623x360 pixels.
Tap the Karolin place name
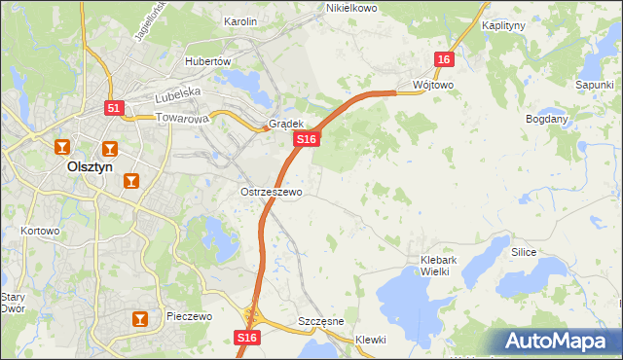point(240,20)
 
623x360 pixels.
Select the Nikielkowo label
point(350,8)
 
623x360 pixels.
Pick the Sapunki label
point(593,86)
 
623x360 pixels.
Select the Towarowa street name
point(183,119)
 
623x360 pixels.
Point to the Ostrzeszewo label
point(272,192)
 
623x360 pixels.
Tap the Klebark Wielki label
point(448,266)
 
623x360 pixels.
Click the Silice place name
point(524,251)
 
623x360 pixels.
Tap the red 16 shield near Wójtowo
point(444,60)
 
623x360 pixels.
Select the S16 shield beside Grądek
point(307,140)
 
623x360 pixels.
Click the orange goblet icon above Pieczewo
point(141,317)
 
